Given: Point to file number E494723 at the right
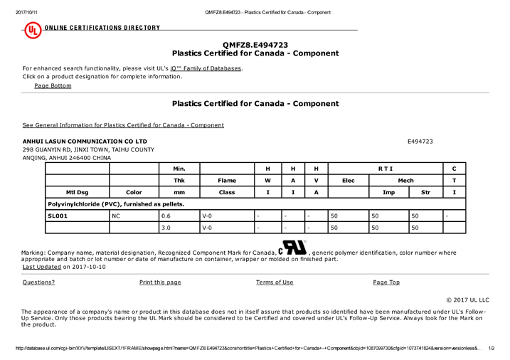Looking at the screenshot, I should (x=422, y=142).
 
